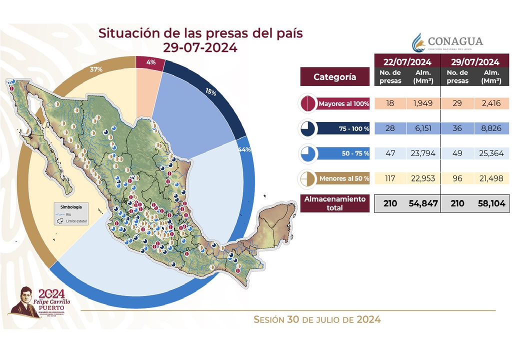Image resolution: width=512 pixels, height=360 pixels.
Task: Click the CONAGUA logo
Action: tap(447, 42)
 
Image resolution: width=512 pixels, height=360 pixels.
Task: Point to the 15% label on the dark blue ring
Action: tap(210, 92)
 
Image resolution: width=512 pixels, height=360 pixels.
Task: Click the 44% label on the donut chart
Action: tap(245, 150)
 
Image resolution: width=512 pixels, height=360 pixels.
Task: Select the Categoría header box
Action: tap(335, 77)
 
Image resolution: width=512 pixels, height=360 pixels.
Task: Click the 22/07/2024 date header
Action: tap(407, 62)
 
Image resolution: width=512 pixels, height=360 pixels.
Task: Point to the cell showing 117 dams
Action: tap(391, 178)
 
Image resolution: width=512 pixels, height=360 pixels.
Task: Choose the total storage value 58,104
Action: tap(491, 203)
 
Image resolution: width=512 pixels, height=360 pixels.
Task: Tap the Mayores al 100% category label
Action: tap(344, 104)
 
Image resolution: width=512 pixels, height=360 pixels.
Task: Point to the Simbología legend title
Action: tap(71, 206)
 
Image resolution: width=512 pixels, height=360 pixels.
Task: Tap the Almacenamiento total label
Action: tap(335, 203)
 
